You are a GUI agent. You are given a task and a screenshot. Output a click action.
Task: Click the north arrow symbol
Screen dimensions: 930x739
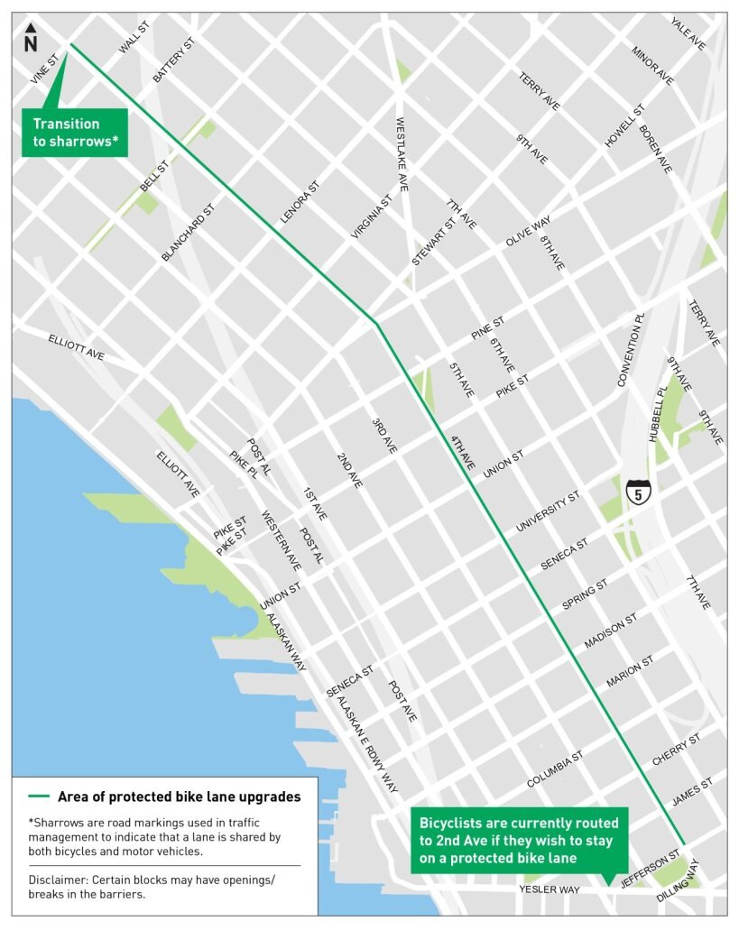tap(31, 39)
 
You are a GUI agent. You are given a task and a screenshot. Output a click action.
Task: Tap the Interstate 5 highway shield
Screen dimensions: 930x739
tap(638, 493)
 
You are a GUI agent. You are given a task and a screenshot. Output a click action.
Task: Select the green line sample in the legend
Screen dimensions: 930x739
tap(39, 796)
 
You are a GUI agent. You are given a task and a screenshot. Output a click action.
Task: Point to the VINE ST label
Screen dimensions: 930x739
tap(43, 69)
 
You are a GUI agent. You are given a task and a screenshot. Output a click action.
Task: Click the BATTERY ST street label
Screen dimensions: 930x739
tap(173, 61)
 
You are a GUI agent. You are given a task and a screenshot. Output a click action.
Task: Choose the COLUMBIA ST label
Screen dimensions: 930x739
tap(555, 766)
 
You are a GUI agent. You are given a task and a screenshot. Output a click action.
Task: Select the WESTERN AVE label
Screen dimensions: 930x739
tap(282, 541)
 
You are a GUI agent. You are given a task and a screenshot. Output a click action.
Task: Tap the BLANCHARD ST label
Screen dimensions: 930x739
tap(189, 233)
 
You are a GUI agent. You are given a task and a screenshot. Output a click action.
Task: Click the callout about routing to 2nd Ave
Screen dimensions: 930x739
tap(519, 843)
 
